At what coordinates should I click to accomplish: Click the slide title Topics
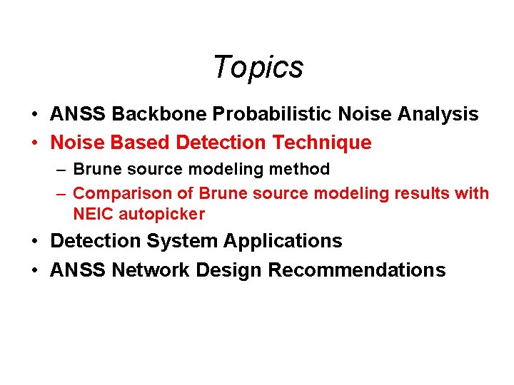pos(258,67)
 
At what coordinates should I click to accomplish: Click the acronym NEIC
pos(94,214)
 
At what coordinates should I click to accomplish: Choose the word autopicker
pos(162,214)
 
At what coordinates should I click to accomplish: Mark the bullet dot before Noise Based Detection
pos(35,143)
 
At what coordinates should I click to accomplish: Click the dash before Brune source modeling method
pos(61,170)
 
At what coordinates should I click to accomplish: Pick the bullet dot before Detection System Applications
pos(35,242)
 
